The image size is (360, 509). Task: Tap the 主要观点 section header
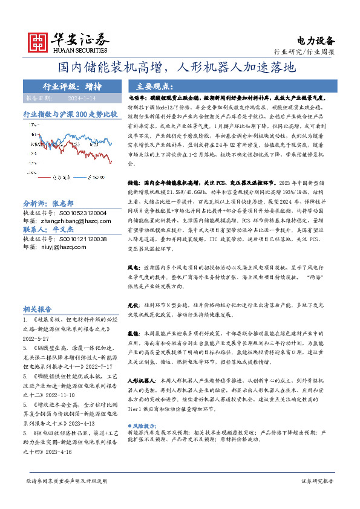pyautogui.click(x=152, y=86)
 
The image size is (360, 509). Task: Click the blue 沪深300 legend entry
pyautogui.click(x=94, y=178)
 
